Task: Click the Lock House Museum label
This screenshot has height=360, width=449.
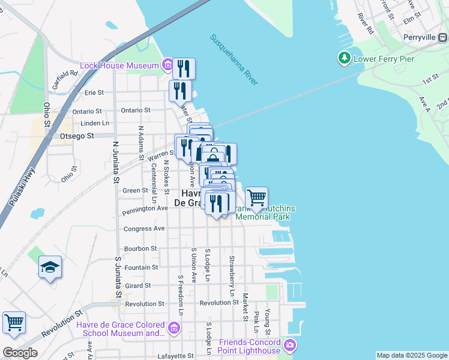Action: [120, 64]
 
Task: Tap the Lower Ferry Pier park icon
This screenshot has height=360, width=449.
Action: [345, 59]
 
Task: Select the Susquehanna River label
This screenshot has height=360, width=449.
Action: [234, 59]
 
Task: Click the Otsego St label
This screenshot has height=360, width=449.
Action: [78, 136]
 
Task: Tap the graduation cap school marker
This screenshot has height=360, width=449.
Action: [50, 268]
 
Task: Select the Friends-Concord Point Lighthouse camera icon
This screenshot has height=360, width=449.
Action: [291, 345]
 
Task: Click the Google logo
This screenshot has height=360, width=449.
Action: [20, 353]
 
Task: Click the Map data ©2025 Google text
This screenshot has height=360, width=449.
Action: [411, 355]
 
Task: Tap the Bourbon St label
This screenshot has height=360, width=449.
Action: [140, 248]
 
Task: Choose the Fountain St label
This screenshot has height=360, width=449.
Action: [141, 267]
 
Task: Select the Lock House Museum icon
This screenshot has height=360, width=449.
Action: [167, 64]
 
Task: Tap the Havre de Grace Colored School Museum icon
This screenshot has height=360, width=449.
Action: [174, 328]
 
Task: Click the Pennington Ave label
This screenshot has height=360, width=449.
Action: [145, 209]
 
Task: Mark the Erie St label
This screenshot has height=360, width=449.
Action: [94, 92]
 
